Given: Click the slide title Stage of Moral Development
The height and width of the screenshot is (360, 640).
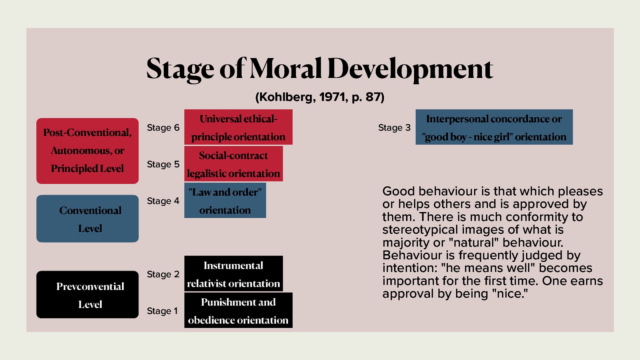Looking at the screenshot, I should pyautogui.click(x=320, y=68).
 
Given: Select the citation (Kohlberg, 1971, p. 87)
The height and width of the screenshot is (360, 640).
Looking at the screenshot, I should pyautogui.click(x=320, y=97).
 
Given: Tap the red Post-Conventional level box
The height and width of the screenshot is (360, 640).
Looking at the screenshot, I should pyautogui.click(x=87, y=151).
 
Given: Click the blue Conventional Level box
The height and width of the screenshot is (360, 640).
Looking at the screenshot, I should pyautogui.click(x=87, y=218).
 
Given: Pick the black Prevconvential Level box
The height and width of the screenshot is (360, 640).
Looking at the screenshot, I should pyautogui.click(x=87, y=294).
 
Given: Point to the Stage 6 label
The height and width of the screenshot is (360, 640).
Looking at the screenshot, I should pyautogui.click(x=163, y=128).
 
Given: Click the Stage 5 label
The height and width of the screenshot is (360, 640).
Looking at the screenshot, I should pyautogui.click(x=163, y=164).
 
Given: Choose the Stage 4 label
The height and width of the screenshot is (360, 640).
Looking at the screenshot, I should pyautogui.click(x=163, y=201).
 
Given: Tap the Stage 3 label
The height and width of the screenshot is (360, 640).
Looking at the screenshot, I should pyautogui.click(x=394, y=128).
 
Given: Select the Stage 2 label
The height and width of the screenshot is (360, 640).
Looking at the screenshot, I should pyautogui.click(x=163, y=274).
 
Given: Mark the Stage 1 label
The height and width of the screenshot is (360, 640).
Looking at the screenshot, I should pyautogui.click(x=162, y=311).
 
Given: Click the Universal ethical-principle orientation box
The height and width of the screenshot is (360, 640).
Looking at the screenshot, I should pyautogui.click(x=238, y=127).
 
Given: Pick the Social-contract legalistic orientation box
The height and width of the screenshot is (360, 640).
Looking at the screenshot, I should pyautogui.click(x=234, y=164).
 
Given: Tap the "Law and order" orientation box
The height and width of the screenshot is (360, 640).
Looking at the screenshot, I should pyautogui.click(x=225, y=200).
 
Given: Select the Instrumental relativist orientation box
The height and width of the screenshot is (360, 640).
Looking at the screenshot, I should pyautogui.click(x=234, y=274).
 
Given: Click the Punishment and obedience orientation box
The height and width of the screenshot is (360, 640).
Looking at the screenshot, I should pyautogui.click(x=238, y=310).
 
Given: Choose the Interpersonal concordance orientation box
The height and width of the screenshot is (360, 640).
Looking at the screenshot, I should pyautogui.click(x=494, y=127).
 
